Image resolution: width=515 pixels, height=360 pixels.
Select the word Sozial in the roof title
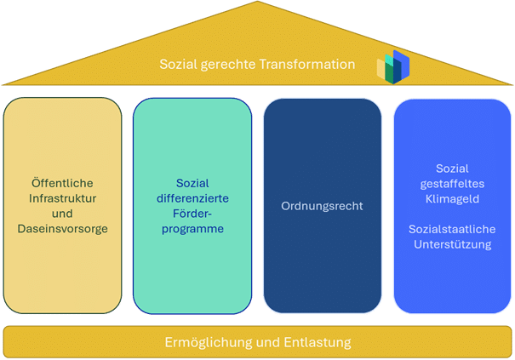pyautogui.click(x=177, y=65)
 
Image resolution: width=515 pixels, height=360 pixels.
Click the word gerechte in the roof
pyautogui.click(x=226, y=65)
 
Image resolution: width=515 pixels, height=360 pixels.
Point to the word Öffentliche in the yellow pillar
pyautogui.click(x=60, y=182)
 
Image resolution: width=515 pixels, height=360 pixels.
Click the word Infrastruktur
pyautogui.click(x=60, y=197)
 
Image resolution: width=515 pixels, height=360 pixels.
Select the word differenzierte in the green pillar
pyautogui.click(x=192, y=197)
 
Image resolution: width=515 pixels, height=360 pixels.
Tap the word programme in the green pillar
pyautogui.click(x=192, y=228)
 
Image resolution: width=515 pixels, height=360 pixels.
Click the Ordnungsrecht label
pyautogui.click(x=321, y=205)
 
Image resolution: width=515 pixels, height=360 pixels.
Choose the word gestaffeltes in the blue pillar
pyautogui.click(x=451, y=184)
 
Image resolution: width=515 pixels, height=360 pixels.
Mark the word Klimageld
pyautogui.click(x=451, y=199)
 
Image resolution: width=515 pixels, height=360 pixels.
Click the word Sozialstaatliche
pyautogui.click(x=451, y=230)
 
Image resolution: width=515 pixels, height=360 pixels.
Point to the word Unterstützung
pyautogui.click(x=451, y=245)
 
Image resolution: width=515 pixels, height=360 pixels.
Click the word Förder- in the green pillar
pyautogui.click(x=192, y=213)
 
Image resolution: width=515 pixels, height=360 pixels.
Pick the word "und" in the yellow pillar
pyautogui.click(x=60, y=213)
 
